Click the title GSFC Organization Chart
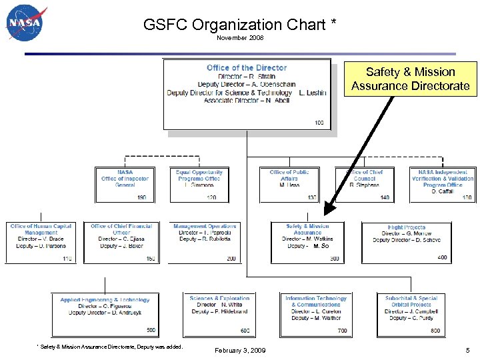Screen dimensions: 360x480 [239, 25]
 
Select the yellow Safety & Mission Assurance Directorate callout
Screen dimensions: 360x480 [411, 79]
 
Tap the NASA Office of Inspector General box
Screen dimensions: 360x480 [125, 183]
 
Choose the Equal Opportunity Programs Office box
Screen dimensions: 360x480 [199, 183]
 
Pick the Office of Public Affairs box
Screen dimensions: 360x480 [289, 183]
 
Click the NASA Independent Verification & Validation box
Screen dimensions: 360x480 [442, 183]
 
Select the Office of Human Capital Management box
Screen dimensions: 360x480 [41, 242]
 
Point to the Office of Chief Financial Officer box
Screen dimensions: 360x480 [121, 242]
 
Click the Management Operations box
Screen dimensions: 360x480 [205, 242]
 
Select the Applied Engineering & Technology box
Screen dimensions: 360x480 [105, 314]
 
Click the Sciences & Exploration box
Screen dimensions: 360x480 [219, 314]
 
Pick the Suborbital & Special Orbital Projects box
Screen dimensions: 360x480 [411, 314]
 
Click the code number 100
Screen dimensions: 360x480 [319, 123]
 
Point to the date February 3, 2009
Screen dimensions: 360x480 [240, 350]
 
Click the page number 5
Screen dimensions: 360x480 [467, 350]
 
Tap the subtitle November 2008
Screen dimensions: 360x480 [240, 38]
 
